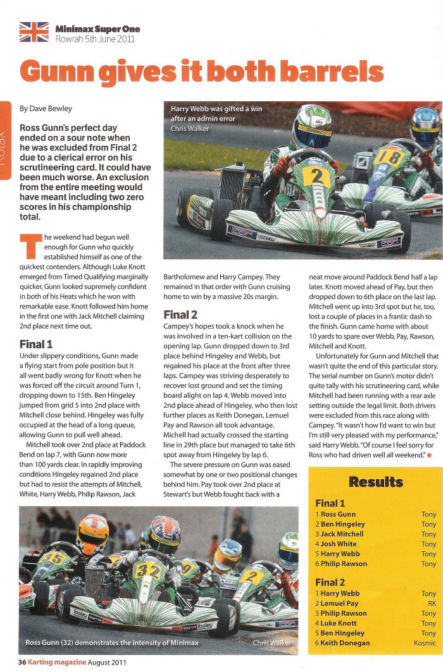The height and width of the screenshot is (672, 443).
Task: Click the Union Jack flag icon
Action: [x=34, y=32]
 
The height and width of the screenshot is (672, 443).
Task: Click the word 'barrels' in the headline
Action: [x=332, y=71]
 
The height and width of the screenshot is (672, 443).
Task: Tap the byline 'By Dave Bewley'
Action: [x=47, y=108]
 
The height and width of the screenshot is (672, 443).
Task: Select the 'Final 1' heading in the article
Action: [x=36, y=345]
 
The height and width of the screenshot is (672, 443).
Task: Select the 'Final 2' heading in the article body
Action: [x=180, y=314]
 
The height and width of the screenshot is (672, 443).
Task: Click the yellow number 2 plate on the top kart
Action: [x=316, y=176]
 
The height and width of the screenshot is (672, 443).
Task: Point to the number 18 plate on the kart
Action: [x=388, y=156]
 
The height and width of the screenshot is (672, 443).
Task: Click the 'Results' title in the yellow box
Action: [x=375, y=464]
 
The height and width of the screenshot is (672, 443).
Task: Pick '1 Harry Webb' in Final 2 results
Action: [x=337, y=594]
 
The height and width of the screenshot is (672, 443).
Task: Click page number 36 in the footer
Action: [x=22, y=663]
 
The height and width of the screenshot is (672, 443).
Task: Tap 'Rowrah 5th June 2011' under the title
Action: [x=95, y=39]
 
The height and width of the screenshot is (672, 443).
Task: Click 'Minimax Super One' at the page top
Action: [x=97, y=29]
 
